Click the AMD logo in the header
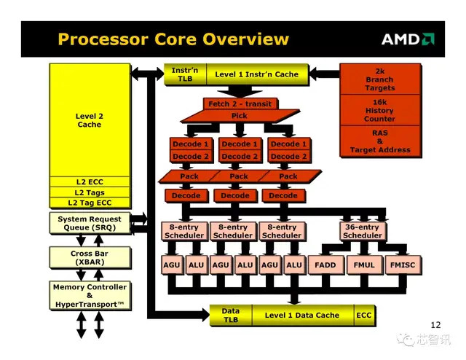click(408, 39)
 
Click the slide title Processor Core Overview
click(173, 39)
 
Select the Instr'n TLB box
click(186, 74)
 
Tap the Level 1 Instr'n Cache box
click(256, 74)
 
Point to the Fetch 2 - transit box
click(239, 104)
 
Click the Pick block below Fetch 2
click(239, 116)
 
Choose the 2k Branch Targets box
click(379, 79)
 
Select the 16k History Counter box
click(379, 111)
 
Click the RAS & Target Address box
click(379, 141)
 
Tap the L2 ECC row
click(90, 182)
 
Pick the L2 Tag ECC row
click(90, 203)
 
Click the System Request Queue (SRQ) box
click(90, 223)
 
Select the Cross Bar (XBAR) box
click(90, 258)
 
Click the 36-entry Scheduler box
click(362, 232)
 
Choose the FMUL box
click(364, 265)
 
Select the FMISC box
click(403, 265)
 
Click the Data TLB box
click(230, 316)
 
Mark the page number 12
click(436, 325)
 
